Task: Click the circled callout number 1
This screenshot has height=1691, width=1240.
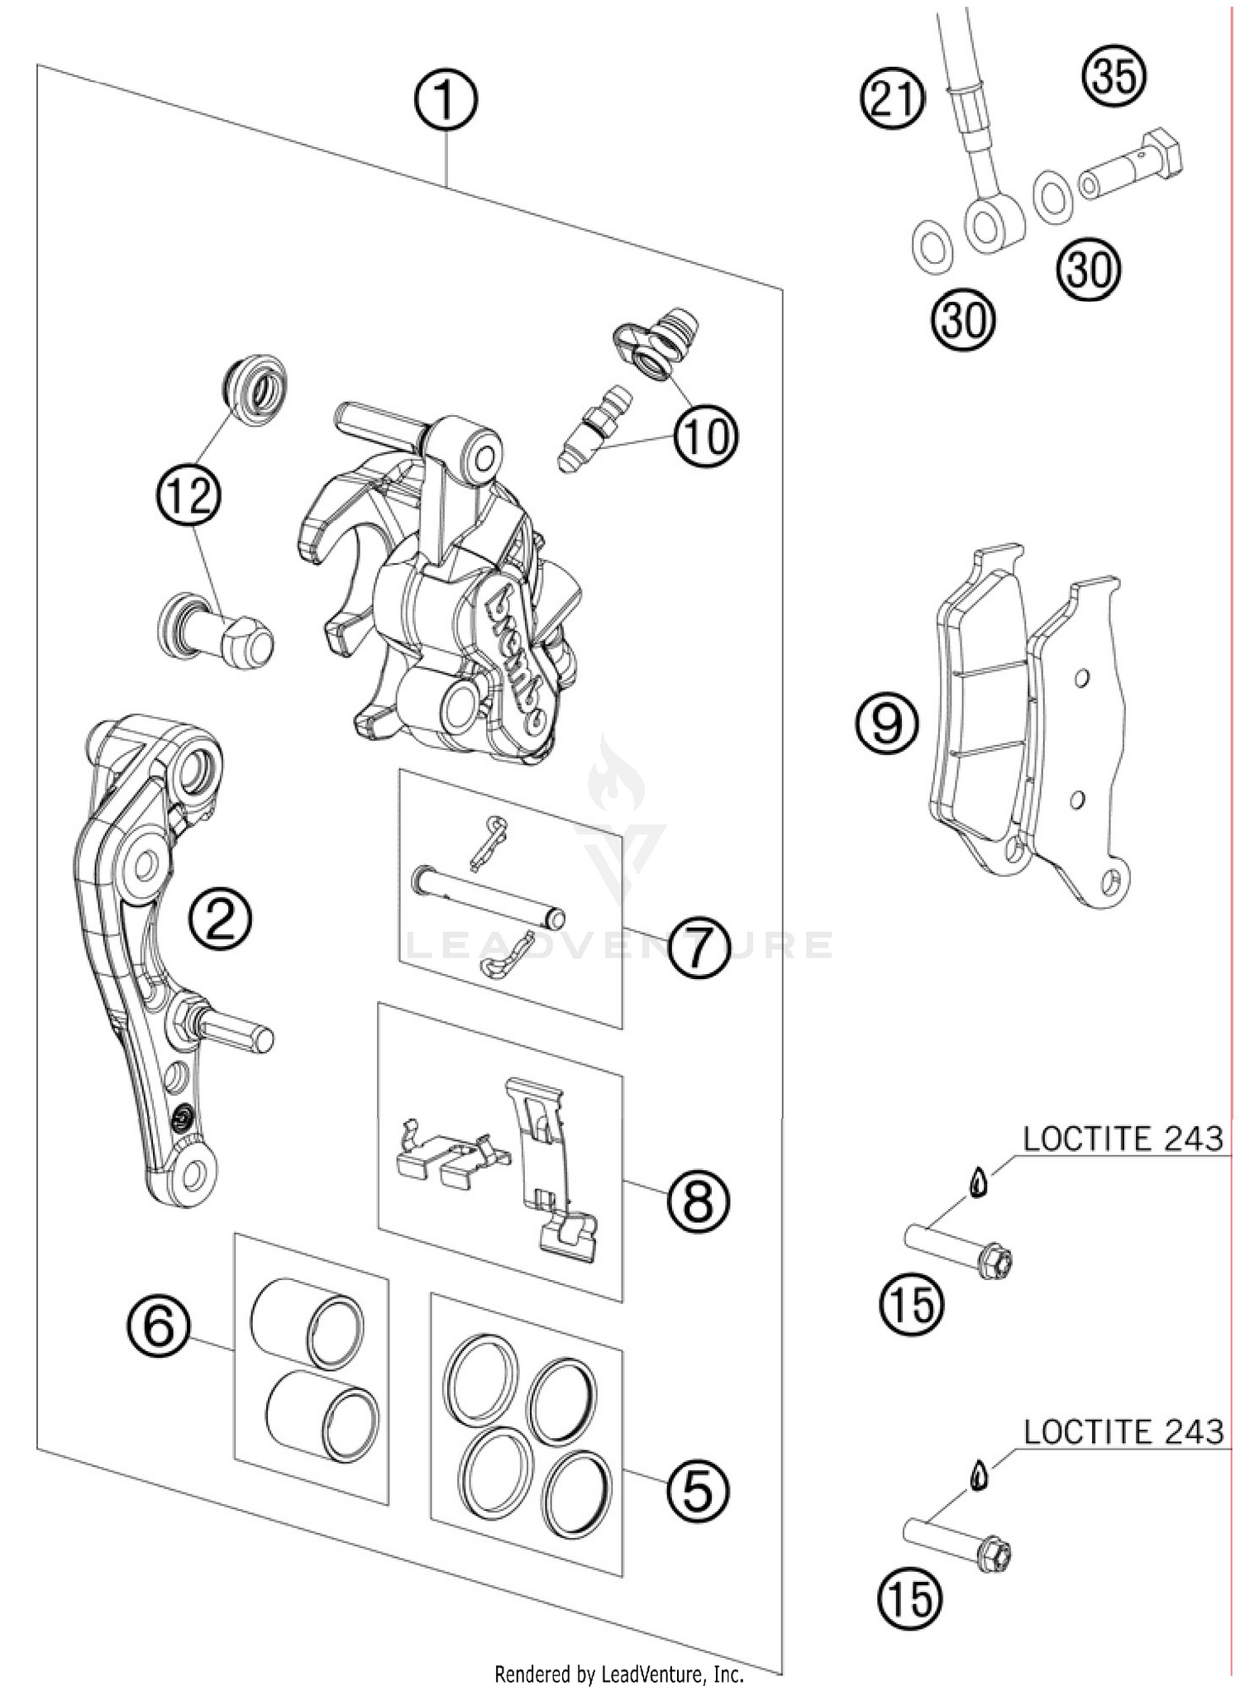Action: click(446, 100)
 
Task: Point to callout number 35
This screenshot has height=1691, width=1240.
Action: click(1114, 75)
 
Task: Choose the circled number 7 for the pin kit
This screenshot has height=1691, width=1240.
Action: click(699, 948)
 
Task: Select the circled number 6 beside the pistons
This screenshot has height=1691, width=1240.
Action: click(159, 1328)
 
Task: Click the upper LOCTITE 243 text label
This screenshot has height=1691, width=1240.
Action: click(1122, 1139)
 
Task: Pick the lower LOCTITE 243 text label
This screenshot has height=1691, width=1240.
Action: click(1122, 1431)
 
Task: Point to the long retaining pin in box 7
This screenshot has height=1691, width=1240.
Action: click(488, 895)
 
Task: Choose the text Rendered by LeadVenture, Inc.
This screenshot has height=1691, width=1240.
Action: click(619, 1674)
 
